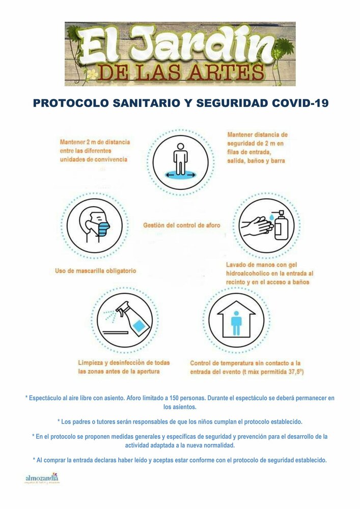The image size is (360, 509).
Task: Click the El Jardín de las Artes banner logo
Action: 180,53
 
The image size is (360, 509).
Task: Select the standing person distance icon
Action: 180,158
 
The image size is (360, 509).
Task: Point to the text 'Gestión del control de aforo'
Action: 182,225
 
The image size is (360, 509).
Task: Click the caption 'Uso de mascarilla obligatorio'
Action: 96,271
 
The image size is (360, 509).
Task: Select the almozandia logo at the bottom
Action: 42,479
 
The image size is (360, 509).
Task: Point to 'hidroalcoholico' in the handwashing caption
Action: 252,273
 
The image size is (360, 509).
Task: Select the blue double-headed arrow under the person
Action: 180,175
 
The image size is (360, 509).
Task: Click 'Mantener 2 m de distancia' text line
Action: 95,142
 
